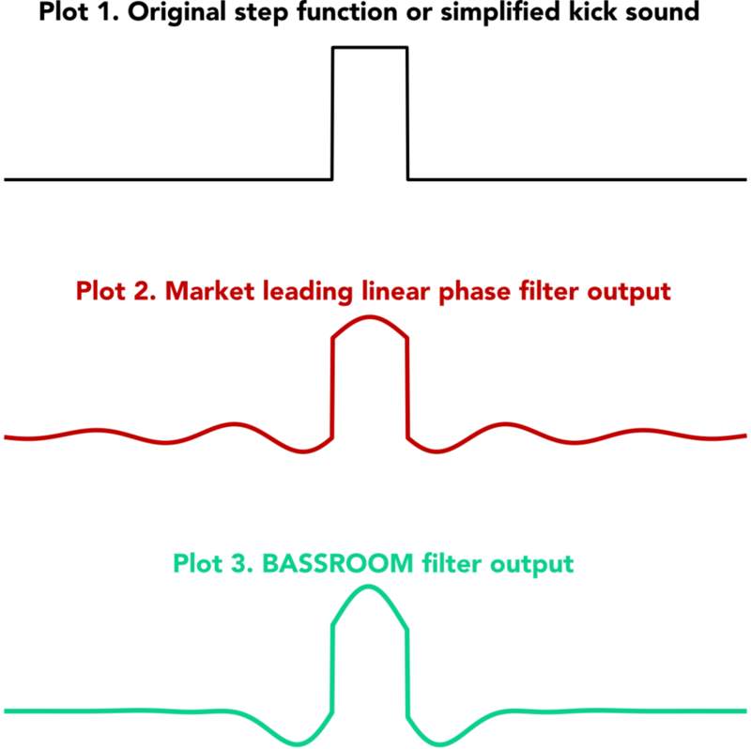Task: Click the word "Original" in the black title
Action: point(177,12)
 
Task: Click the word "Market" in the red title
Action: point(209,291)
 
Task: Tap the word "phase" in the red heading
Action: point(474,293)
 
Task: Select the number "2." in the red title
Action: point(145,291)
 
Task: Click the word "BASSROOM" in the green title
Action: point(337,563)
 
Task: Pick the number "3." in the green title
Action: point(242,563)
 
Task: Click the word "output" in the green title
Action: point(531,564)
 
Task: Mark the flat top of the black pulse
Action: point(370,47)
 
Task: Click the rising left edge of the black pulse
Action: point(332,114)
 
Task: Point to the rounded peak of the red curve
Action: point(369,316)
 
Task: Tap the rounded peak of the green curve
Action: point(368,587)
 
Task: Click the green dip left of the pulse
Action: point(298,744)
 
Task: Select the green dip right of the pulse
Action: point(440,744)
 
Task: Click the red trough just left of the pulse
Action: point(303,451)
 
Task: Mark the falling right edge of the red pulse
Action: point(407,388)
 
